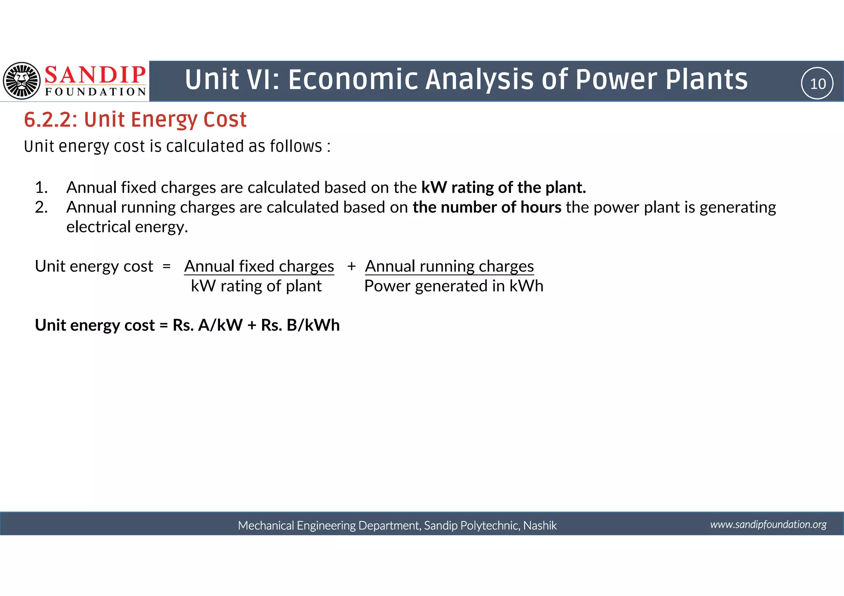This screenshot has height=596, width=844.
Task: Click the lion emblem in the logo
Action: pos(22,81)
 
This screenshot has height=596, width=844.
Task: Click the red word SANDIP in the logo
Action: pos(95,75)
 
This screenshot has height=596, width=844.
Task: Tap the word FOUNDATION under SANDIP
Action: pos(96,92)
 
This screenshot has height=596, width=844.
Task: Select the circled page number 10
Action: pos(817,84)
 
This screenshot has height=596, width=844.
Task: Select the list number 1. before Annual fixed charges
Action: pos(41,188)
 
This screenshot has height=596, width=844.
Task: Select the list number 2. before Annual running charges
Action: pos(41,208)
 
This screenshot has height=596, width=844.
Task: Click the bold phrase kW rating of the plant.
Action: pos(503,188)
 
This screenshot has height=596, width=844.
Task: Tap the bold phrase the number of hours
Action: pos(487,208)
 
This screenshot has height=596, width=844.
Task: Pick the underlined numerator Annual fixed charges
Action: pos(259,266)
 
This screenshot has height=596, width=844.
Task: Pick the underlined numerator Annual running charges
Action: pos(449,266)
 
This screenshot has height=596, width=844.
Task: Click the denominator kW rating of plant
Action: pos(256,286)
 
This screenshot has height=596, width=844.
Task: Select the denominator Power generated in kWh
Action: pos(453,286)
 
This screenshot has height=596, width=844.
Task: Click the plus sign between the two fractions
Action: pos(351,266)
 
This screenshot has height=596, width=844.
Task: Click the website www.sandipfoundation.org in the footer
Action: pos(768,524)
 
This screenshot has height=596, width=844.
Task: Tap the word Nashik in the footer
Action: pos(540,526)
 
